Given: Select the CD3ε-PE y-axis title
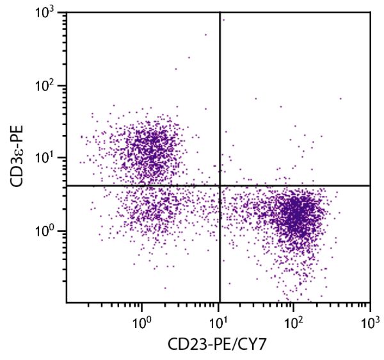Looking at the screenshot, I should pos(19,158).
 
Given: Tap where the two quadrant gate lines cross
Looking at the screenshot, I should pos(220,185).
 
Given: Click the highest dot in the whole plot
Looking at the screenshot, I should pos(223,20).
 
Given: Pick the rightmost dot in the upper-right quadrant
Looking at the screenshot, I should pos(340,99).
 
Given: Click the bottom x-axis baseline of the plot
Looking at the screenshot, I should pos(192,302).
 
